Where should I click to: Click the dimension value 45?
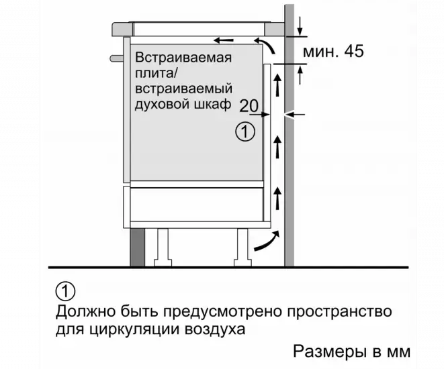(x=354, y=52)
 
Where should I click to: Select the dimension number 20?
(x=249, y=106)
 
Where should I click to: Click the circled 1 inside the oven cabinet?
(x=245, y=131)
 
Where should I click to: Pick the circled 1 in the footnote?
(x=66, y=291)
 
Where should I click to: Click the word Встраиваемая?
(x=183, y=58)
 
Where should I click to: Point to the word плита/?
(x=156, y=74)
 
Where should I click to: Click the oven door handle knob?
(x=117, y=58)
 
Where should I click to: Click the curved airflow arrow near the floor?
(x=267, y=241)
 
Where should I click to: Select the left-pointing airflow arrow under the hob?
(x=224, y=40)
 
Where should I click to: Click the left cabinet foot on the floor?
(x=163, y=248)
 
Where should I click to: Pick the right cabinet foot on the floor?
(x=242, y=248)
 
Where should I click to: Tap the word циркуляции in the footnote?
(x=134, y=329)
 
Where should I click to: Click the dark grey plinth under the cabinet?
(x=137, y=248)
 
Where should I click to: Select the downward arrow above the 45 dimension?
(x=300, y=27)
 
